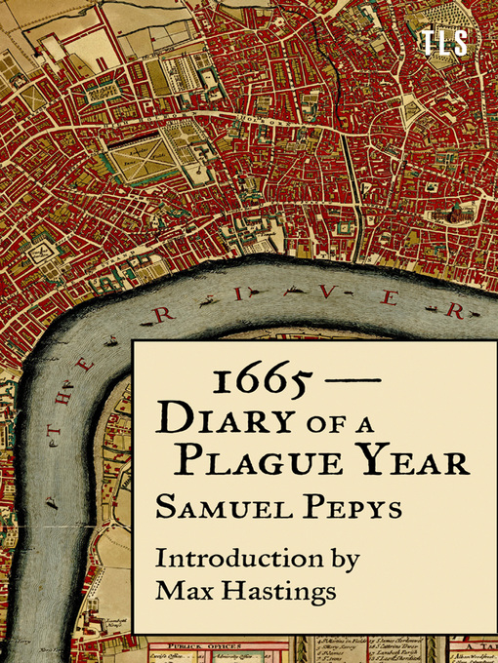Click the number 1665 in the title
pos(247,381)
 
